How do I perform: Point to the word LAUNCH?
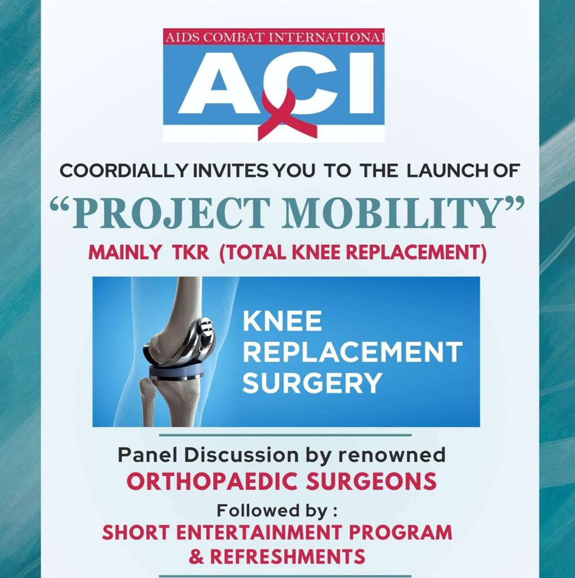point(448,172)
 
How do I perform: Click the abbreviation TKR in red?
point(190,252)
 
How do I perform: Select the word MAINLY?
point(125,252)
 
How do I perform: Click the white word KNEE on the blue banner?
point(282,322)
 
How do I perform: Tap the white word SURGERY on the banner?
point(312,383)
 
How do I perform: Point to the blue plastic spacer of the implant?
point(177,371)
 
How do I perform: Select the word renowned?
point(392,455)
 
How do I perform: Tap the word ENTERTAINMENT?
point(259,532)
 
